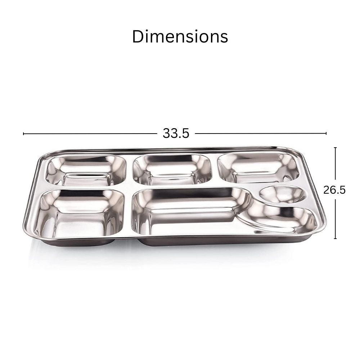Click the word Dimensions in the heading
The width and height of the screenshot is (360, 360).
(180, 37)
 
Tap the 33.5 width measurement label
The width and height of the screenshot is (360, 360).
(176, 134)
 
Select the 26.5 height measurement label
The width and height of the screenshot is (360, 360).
(334, 190)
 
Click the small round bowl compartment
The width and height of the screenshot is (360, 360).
(283, 195)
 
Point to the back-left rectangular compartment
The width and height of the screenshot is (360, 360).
(87, 170)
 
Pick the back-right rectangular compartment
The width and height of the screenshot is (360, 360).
(258, 167)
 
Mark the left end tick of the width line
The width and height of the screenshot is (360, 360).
(24, 134)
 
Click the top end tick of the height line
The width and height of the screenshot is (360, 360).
(336, 147)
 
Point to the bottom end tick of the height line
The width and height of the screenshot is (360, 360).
(336, 239)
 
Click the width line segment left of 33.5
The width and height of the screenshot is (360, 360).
(90, 134)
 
